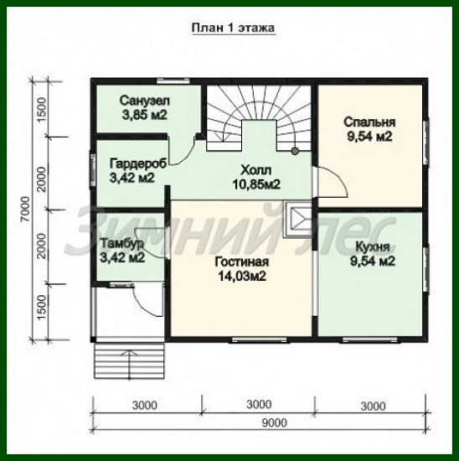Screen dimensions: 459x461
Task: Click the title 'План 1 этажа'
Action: pos(234,28)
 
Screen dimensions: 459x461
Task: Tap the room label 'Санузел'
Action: pos(145,101)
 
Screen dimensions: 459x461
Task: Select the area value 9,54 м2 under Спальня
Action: pos(369,137)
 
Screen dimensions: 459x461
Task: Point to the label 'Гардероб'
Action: pos(138,163)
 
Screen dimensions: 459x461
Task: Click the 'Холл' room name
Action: pos(256,170)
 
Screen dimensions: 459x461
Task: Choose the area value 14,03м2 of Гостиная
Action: pos(242,276)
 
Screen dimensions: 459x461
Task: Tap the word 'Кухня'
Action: pos(373,247)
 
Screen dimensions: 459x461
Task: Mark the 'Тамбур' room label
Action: pos(122,243)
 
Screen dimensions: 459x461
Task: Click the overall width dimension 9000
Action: pos(274,422)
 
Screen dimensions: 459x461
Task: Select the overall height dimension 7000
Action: pos(26,210)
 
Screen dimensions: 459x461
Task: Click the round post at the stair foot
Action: pos(295,151)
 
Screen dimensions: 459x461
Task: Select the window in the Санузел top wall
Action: pos(173,80)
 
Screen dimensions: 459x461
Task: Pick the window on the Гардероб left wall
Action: pos(93,170)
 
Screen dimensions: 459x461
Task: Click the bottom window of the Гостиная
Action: pos(260,339)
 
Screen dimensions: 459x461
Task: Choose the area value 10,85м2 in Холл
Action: pos(256,184)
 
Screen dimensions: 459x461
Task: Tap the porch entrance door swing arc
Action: pos(145,303)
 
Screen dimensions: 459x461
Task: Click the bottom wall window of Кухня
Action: pos(370,339)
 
